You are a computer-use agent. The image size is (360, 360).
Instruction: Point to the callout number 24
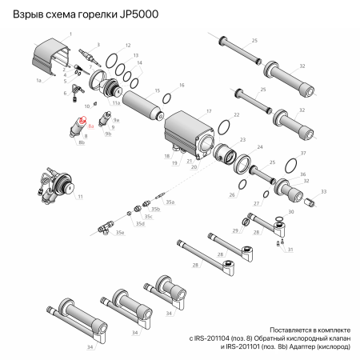point(259,147)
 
